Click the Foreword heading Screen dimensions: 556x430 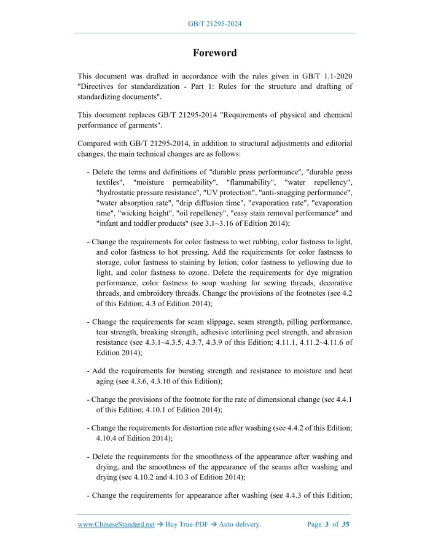(x=214, y=53)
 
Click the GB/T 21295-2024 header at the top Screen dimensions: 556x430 (x=214, y=24)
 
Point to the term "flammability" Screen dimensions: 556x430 (x=251, y=183)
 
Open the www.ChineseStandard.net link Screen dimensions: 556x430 (x=115, y=524)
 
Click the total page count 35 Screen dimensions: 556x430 (x=345, y=524)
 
